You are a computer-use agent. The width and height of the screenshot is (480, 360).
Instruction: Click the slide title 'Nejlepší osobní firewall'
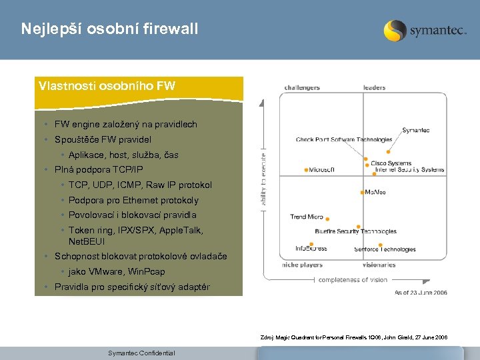click(x=109, y=29)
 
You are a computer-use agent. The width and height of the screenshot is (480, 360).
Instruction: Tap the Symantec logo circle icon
click(x=395, y=31)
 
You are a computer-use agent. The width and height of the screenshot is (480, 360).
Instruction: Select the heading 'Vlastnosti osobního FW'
click(x=106, y=85)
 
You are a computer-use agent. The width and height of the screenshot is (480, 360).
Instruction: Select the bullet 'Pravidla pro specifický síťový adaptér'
click(x=131, y=287)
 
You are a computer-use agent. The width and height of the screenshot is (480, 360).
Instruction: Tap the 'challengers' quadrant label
click(x=302, y=87)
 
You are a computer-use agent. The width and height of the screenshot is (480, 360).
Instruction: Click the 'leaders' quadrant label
click(x=374, y=87)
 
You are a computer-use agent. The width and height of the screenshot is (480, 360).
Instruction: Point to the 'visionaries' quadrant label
click(x=379, y=265)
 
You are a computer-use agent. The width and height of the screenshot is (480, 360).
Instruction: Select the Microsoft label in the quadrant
click(x=322, y=170)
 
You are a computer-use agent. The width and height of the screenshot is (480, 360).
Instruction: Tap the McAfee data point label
click(x=375, y=192)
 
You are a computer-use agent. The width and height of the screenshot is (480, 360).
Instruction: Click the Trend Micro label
click(x=307, y=217)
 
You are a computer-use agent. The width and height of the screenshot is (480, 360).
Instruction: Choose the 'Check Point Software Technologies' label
click(x=344, y=139)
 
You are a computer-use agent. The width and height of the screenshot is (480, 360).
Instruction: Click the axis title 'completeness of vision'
click(x=353, y=280)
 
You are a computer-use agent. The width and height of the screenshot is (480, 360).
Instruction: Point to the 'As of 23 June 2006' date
click(x=421, y=293)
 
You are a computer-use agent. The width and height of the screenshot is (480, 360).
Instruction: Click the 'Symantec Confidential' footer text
click(x=141, y=353)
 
